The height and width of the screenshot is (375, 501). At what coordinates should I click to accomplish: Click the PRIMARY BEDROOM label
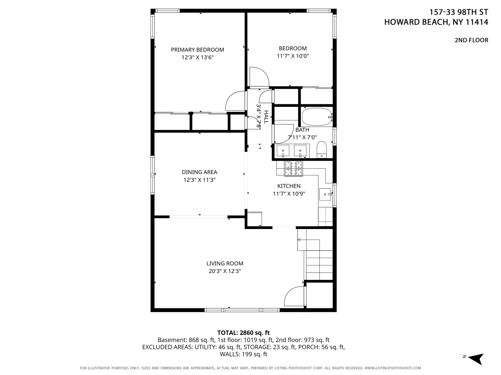pyautogui.click(x=197, y=50)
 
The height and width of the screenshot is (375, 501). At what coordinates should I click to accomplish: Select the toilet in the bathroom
pyautogui.click(x=322, y=150)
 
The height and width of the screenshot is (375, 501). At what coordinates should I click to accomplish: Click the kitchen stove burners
pyautogui.click(x=293, y=169)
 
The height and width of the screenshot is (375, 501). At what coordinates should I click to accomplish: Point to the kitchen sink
pyautogui.click(x=325, y=194)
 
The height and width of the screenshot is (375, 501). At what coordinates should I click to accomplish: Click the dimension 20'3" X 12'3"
pyautogui.click(x=225, y=271)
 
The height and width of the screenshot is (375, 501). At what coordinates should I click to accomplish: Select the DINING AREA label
pyautogui.click(x=200, y=172)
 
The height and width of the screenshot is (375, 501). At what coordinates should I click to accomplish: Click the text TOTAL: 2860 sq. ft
pyautogui.click(x=243, y=333)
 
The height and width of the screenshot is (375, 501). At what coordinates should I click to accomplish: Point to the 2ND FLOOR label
pyautogui.click(x=471, y=40)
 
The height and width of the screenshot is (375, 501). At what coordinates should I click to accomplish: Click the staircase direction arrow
pyautogui.click(x=299, y=240)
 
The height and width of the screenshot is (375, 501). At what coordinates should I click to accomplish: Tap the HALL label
pyautogui.click(x=266, y=117)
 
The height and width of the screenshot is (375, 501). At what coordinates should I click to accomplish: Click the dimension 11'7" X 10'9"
pyautogui.click(x=289, y=194)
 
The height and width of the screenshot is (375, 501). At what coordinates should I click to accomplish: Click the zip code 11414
pyautogui.click(x=477, y=22)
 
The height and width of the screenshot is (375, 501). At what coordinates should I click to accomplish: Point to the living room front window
pyautogui.click(x=242, y=310)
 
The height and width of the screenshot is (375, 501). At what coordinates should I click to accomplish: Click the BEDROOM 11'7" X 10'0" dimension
pyautogui.click(x=293, y=56)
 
